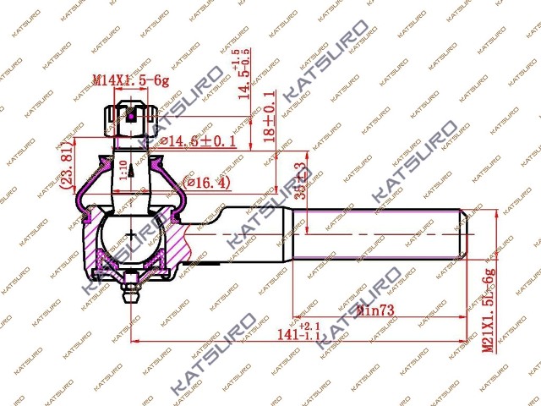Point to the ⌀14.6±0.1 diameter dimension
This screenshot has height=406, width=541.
click(195, 141)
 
